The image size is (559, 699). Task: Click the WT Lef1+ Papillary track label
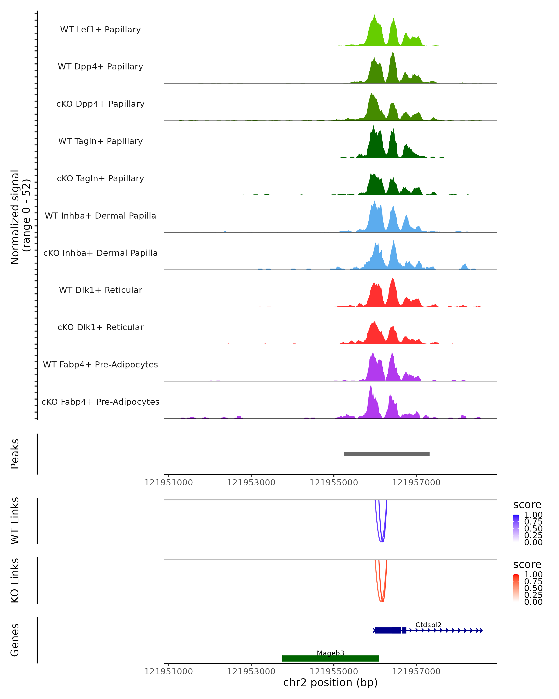(x=100, y=30)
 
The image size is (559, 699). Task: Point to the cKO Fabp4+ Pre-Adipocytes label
(x=100, y=402)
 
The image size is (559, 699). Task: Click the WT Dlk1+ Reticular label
(x=100, y=290)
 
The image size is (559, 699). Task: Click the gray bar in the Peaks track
(x=387, y=454)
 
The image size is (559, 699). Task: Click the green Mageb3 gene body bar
(x=330, y=658)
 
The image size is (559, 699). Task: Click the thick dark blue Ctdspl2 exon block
(x=388, y=630)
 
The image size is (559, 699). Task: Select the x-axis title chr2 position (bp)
(x=330, y=682)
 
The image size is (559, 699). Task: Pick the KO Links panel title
(x=15, y=580)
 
